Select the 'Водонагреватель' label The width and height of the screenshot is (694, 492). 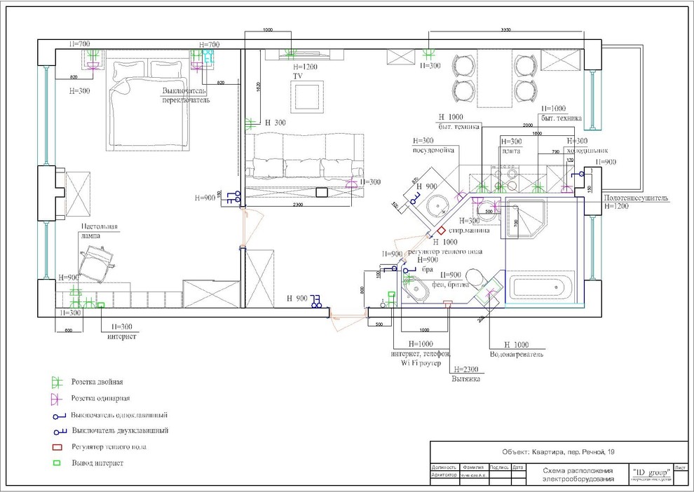517,355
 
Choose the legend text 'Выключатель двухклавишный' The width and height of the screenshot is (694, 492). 120,430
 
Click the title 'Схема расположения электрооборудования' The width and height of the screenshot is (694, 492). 578,474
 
